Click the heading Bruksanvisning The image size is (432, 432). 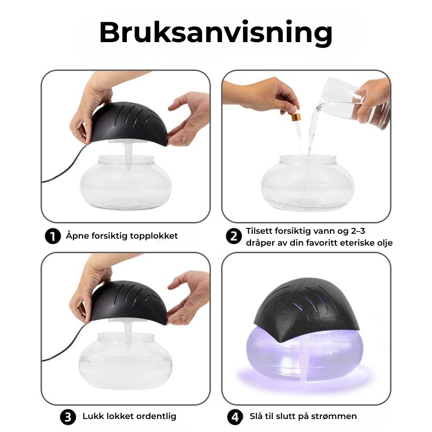tap(215, 33)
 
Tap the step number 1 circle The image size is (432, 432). tap(52, 236)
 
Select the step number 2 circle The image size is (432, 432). tap(234, 236)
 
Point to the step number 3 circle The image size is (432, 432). tap(68, 417)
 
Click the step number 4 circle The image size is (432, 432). tap(235, 417)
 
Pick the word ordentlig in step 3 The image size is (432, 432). tap(156, 416)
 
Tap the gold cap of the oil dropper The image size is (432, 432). tap(295, 117)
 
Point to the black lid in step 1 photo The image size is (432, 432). tap(129, 124)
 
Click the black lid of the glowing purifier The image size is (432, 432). tap(306, 308)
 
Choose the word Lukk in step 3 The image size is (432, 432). tap(93, 416)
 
